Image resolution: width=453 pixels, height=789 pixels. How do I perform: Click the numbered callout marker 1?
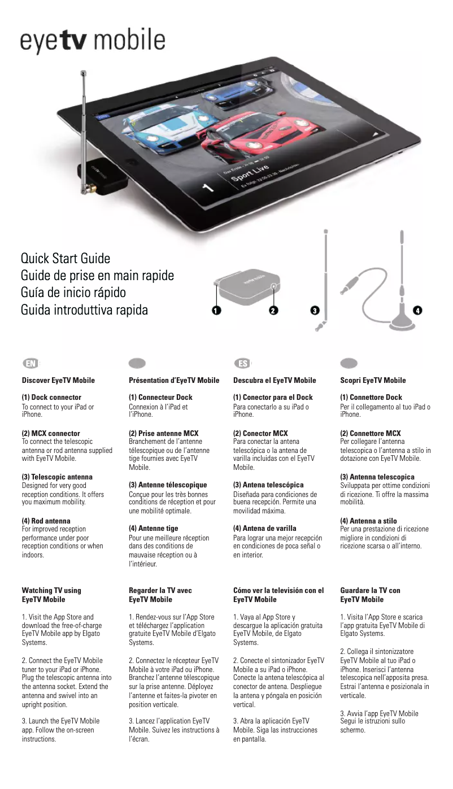pos(216,311)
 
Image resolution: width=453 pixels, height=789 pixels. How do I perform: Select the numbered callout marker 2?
pos(273,311)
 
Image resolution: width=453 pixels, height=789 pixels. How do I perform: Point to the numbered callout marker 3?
pos(315,311)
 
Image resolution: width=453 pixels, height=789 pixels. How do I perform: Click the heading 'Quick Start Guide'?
pos(66,259)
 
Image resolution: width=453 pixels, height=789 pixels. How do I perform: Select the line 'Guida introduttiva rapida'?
pos(84,310)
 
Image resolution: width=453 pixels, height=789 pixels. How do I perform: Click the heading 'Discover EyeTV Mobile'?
pos(58,380)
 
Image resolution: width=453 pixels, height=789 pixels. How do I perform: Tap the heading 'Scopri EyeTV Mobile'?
pos(373,380)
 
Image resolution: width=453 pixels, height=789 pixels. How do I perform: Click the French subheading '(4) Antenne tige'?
pos(154,529)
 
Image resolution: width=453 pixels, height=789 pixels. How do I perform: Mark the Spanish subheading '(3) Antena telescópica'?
pos(268,485)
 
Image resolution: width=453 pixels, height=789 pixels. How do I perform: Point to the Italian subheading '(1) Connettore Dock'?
pos(371,398)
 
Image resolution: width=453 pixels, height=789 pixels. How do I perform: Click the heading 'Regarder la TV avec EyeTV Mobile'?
pos(160,595)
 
